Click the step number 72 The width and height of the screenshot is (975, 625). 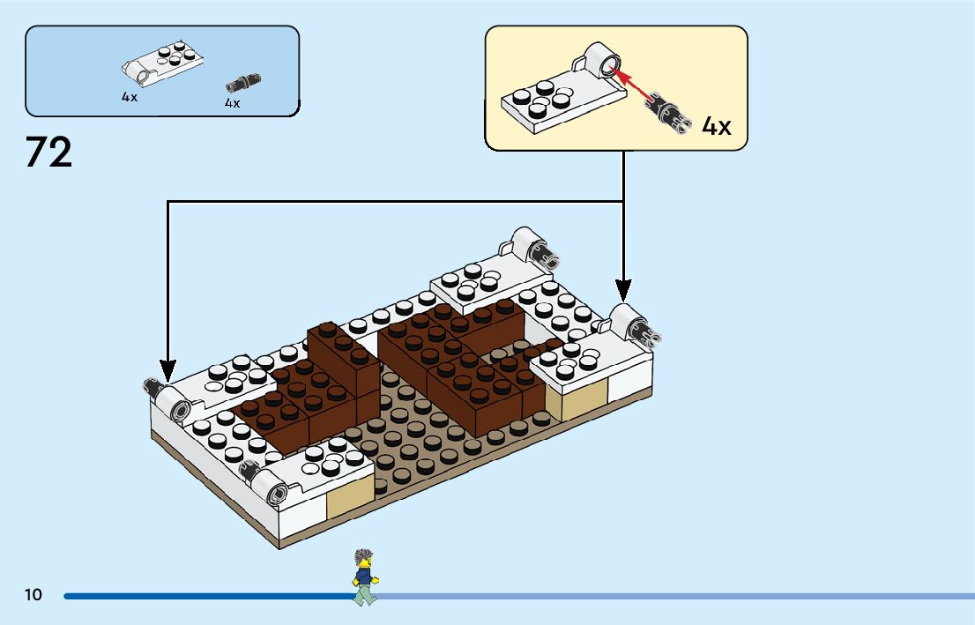pyautogui.click(x=49, y=153)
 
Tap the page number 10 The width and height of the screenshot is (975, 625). pyautogui.click(x=33, y=595)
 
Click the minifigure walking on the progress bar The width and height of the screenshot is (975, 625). pyautogui.click(x=362, y=577)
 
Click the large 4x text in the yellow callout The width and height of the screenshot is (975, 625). pyautogui.click(x=717, y=126)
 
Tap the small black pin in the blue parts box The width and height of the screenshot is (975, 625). pyautogui.click(x=243, y=84)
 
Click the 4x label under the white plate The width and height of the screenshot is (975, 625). pyautogui.click(x=130, y=97)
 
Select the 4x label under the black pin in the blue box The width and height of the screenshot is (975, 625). pyautogui.click(x=232, y=104)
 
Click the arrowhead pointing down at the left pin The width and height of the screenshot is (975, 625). pyautogui.click(x=167, y=368)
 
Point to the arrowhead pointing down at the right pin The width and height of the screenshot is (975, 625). pyautogui.click(x=623, y=288)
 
